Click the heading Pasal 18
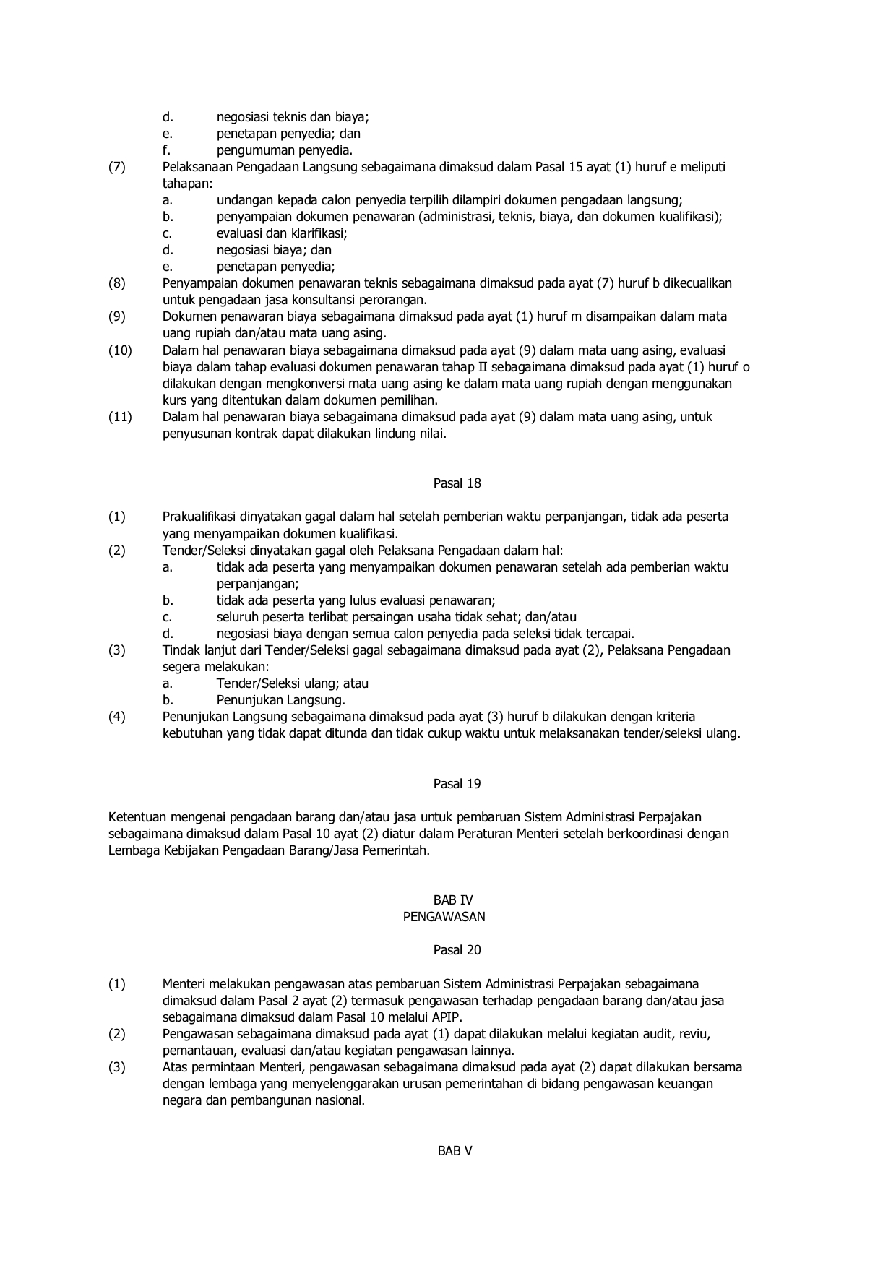pyautogui.click(x=457, y=483)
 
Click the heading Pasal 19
pyautogui.click(x=457, y=784)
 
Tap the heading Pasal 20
pyautogui.click(x=457, y=950)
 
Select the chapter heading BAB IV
pyautogui.click(x=453, y=900)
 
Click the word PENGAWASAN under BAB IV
pyautogui.click(x=444, y=917)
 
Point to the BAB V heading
pyautogui.click(x=455, y=1151)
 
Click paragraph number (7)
pyautogui.click(x=117, y=167)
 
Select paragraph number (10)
pyautogui.click(x=120, y=350)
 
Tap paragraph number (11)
pyautogui.click(x=120, y=417)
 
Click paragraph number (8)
pyautogui.click(x=117, y=283)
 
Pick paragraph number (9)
pyautogui.click(x=117, y=316)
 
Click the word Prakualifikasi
pyautogui.click(x=203, y=517)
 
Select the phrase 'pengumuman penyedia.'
pyautogui.click(x=285, y=150)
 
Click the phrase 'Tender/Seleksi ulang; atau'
pyautogui.click(x=293, y=683)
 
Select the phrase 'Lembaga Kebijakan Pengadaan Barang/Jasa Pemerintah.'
pyautogui.click(x=269, y=850)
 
